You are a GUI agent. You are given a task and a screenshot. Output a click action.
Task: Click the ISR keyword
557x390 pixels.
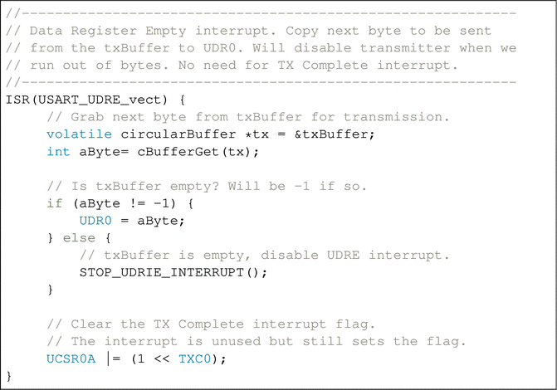pos(17,100)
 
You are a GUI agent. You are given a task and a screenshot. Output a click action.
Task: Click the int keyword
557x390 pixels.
pos(58,151)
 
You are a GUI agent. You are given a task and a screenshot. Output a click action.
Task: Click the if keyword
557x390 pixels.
pos(54,203)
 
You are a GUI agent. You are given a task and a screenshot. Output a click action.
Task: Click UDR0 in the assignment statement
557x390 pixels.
pos(95,221)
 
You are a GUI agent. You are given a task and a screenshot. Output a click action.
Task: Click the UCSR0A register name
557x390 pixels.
pos(71,358)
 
